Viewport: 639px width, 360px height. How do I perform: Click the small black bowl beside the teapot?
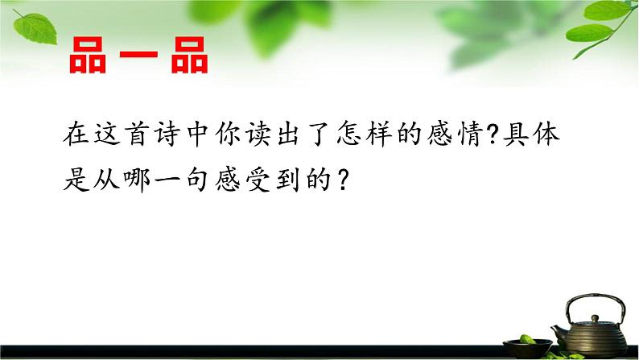531,345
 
